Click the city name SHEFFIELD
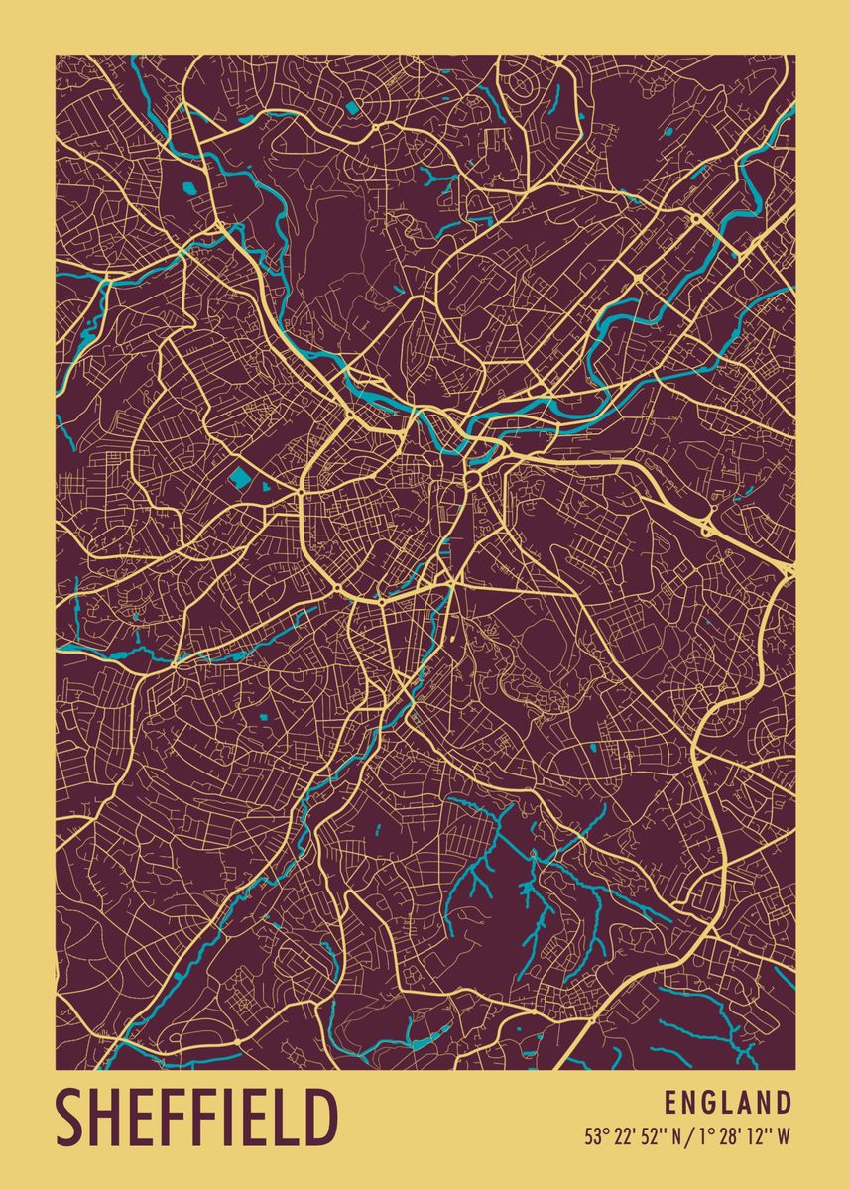[x=196, y=1118]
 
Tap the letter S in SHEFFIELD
[x=71, y=1118]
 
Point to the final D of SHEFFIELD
[x=319, y=1118]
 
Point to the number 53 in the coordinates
[x=592, y=1136]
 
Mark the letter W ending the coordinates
[x=784, y=1136]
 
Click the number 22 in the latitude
[x=620, y=1136]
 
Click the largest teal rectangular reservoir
[x=241, y=479]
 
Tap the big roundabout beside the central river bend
[x=472, y=481]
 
